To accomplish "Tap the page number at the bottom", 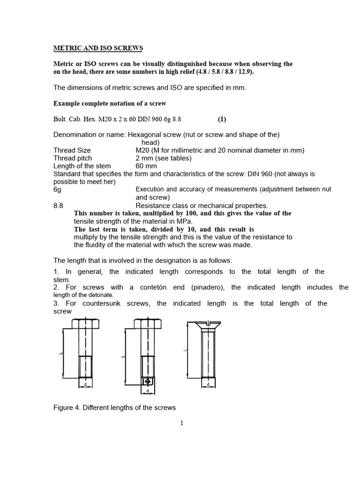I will [182, 423].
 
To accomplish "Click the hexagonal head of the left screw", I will [85, 323].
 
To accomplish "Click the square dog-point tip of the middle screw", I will [148, 380].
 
